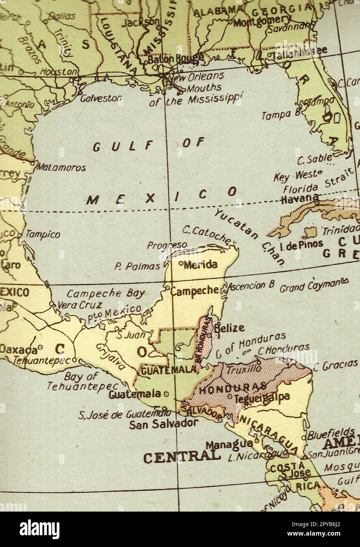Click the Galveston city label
[101, 98]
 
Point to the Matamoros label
[62, 168]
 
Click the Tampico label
[43, 235]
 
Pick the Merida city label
[200, 264]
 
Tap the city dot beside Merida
[181, 263]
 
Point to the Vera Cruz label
[80, 305]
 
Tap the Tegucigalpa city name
[262, 398]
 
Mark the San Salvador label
[163, 424]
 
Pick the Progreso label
[167, 245]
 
